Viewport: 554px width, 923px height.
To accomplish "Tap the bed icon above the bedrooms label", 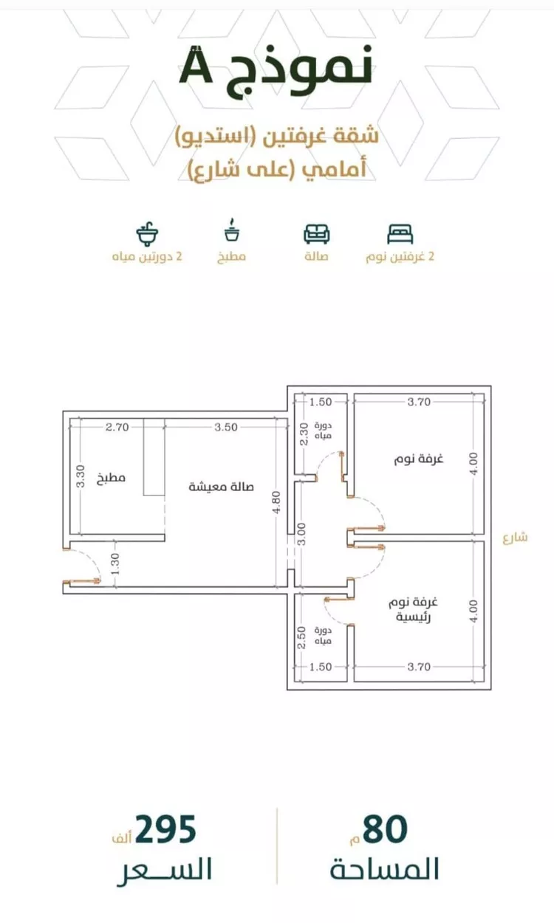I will pyautogui.click(x=400, y=234).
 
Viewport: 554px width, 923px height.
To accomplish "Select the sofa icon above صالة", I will pyautogui.click(x=317, y=233).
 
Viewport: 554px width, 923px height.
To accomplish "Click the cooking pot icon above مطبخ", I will pyautogui.click(x=233, y=231).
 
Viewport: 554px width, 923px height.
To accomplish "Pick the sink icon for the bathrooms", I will pyautogui.click(x=147, y=233).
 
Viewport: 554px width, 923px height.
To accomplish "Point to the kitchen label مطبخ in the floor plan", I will pyautogui.click(x=111, y=478).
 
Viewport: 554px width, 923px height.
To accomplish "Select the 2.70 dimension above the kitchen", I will pyautogui.click(x=117, y=427).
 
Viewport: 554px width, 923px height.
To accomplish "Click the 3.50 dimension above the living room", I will pyautogui.click(x=226, y=427).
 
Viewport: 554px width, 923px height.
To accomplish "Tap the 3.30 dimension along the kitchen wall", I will pyautogui.click(x=81, y=477).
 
